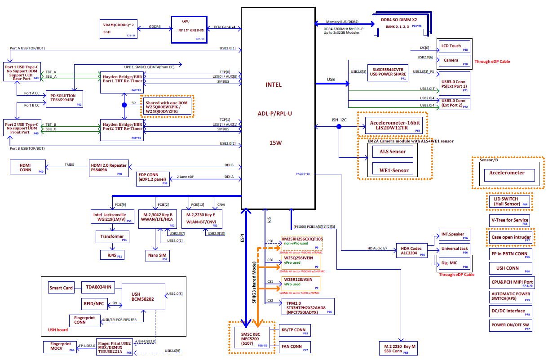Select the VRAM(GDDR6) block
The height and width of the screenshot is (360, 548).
[119, 29]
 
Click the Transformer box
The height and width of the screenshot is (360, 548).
[112, 237]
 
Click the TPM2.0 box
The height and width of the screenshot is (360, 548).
[307, 307]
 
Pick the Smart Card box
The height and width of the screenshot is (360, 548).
[62, 288]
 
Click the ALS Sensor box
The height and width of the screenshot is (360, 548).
[389, 152]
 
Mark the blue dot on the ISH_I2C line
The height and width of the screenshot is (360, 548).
[339, 127]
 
